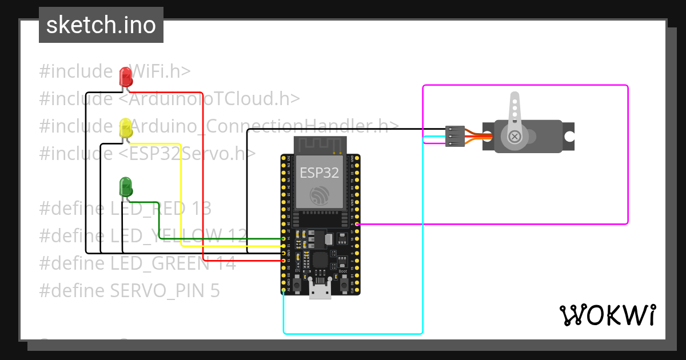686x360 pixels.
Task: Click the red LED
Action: (x=126, y=76)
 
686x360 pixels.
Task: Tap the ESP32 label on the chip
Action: (x=320, y=173)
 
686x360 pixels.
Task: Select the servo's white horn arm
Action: (x=514, y=114)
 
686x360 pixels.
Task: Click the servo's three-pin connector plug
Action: (x=454, y=137)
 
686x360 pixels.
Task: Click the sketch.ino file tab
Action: (x=101, y=25)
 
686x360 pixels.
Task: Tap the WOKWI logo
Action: (x=607, y=315)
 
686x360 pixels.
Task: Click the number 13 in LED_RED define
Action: (x=202, y=208)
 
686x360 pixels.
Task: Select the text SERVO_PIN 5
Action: (x=165, y=291)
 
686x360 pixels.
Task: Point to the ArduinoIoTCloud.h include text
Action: (x=214, y=99)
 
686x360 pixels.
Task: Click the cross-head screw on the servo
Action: (x=514, y=136)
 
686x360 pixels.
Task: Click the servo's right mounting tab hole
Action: (x=569, y=136)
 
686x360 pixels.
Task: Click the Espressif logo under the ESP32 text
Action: (x=320, y=195)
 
